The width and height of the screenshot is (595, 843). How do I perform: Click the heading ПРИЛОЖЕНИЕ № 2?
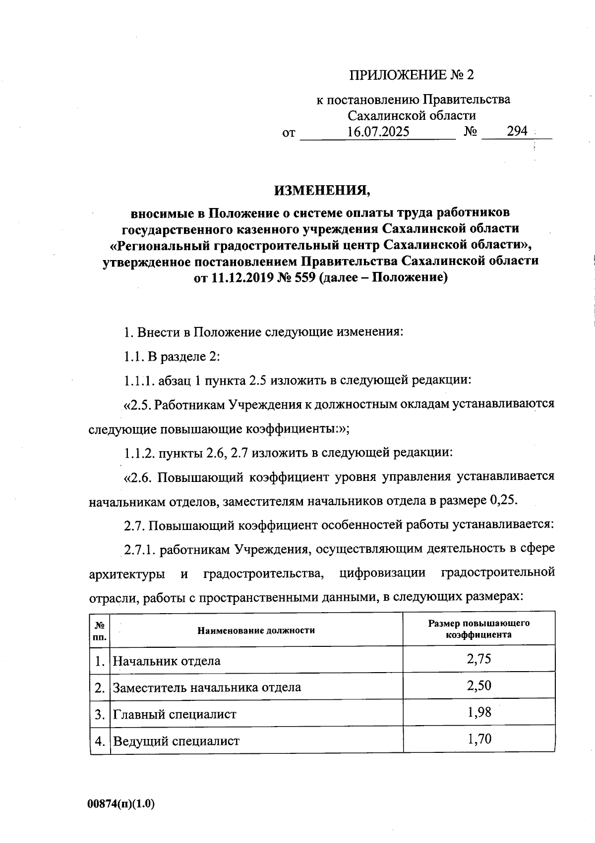click(x=412, y=75)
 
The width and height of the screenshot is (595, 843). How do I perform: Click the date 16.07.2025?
click(x=378, y=132)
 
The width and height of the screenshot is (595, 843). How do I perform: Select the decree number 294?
click(x=517, y=132)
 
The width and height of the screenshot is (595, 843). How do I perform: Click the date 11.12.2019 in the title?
click(x=239, y=278)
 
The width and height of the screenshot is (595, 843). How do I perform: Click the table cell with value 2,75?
click(x=478, y=658)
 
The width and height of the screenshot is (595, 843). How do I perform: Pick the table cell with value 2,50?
click(x=478, y=685)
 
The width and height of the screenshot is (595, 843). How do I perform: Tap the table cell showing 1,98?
click(x=478, y=712)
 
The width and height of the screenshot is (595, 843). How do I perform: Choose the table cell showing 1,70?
click(x=478, y=739)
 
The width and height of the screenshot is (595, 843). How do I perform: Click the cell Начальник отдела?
click(x=167, y=661)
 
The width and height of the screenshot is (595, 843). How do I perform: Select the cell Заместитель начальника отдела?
click(x=207, y=687)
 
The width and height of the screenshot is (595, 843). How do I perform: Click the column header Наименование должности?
click(x=256, y=630)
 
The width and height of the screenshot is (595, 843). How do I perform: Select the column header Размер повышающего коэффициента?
click(x=478, y=629)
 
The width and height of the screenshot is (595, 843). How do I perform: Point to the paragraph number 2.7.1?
click(x=140, y=549)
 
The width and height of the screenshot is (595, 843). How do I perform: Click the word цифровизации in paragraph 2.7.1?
click(x=383, y=573)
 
